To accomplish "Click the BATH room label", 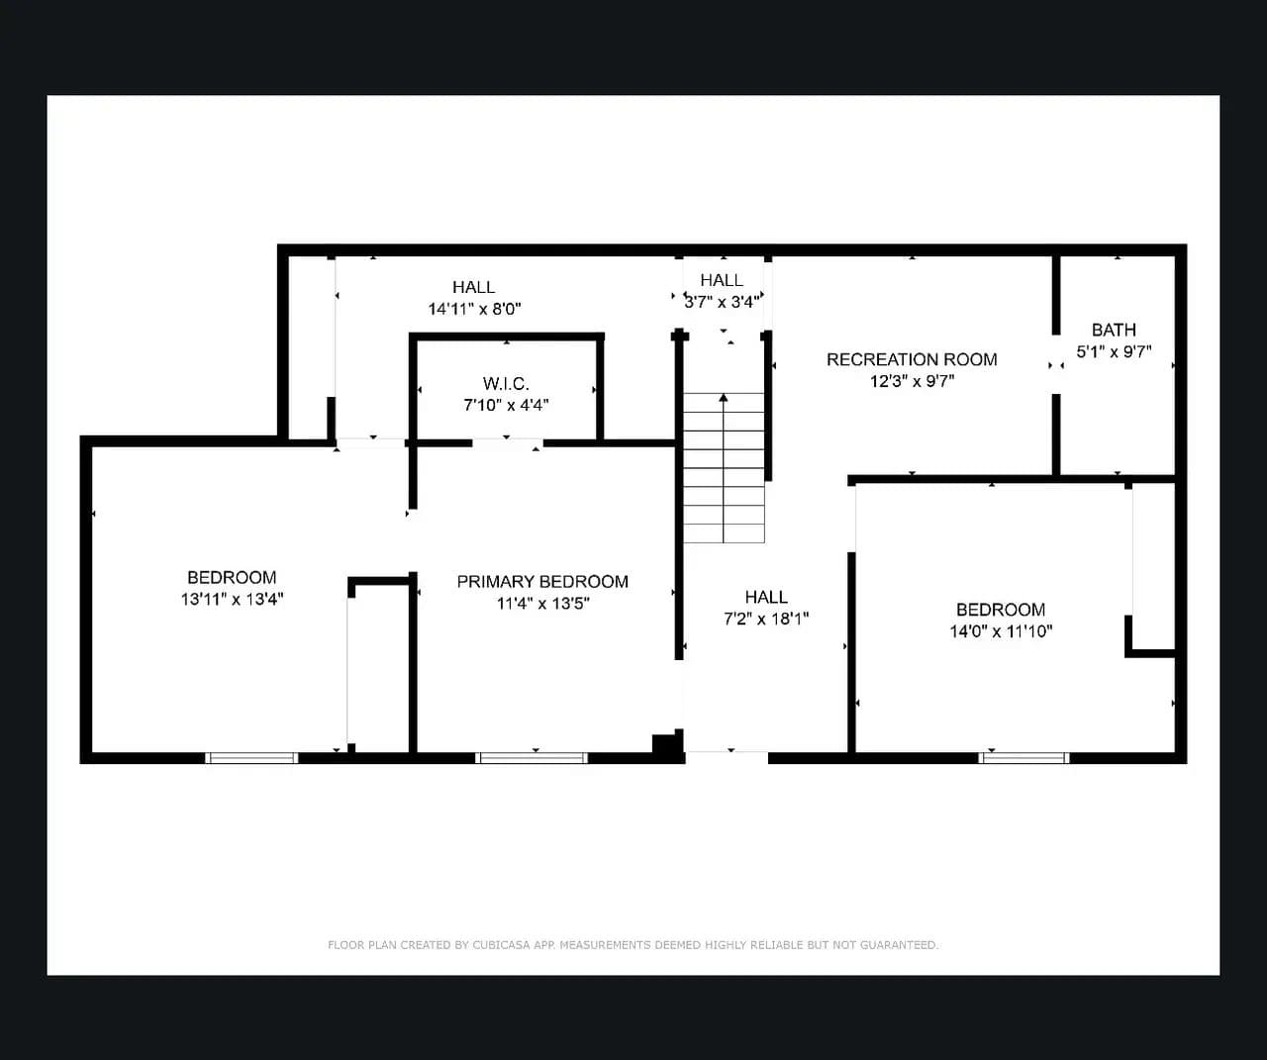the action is (1114, 330).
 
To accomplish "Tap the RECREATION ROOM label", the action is (912, 360).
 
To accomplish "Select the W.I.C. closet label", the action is (506, 383).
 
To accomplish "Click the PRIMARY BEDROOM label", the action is (542, 582).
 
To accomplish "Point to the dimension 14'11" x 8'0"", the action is (474, 309).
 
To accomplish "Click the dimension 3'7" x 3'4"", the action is (723, 302).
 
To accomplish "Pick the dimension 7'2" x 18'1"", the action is (766, 619).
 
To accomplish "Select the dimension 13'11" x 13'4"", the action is (232, 600).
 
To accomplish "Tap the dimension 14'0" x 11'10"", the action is (1001, 631).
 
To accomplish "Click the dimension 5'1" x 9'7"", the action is (1114, 352).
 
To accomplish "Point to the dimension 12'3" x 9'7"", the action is (912, 381).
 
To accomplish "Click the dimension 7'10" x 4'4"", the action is (506, 405).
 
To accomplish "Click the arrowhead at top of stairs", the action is (724, 398).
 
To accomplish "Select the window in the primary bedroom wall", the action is (532, 758).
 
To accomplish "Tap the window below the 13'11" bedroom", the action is (251, 758).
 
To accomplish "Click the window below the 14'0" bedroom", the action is (1023, 758).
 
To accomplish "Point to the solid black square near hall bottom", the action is (664, 744).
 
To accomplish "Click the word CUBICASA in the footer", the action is (501, 945).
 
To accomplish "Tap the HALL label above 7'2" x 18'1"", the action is (766, 597).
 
